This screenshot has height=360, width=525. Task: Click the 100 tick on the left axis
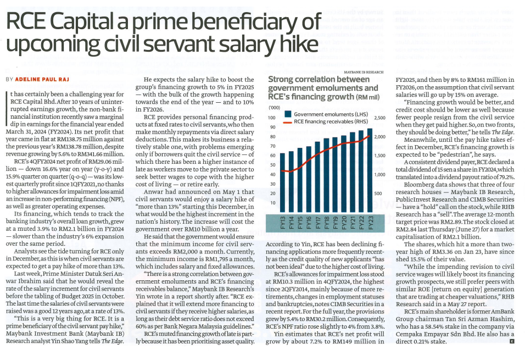click(272, 118)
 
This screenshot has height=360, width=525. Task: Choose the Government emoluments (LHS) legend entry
click(324, 114)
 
